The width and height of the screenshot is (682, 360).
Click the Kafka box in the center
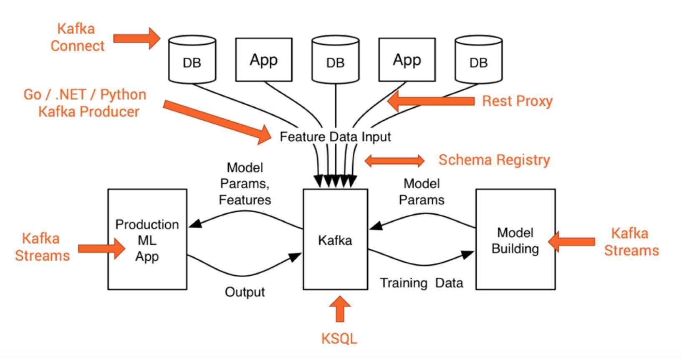coord(335,239)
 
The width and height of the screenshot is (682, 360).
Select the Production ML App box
coord(147,239)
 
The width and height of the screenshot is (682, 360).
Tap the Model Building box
coord(515,239)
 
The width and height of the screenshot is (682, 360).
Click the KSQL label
coord(339,339)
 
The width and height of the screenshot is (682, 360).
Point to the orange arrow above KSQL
coord(340,309)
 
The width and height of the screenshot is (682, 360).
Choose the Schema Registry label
coord(494,160)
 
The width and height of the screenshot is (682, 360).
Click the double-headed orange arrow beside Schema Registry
coord(394,161)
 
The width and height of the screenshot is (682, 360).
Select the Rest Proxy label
coord(517,101)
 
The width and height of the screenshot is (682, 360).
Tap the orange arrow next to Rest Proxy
coord(431,101)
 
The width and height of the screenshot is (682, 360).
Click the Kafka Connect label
coord(77,38)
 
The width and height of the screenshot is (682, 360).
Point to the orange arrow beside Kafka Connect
coord(137,38)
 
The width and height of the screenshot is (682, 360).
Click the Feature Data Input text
coord(335,137)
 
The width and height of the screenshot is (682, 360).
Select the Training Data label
coord(422,283)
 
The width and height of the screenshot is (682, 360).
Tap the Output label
coord(245,292)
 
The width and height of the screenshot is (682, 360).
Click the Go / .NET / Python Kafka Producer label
coord(85,103)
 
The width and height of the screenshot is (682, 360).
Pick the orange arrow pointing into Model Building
coord(571,242)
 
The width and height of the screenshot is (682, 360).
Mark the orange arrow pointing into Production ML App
coord(101,249)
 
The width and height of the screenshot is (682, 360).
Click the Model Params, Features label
coord(245,184)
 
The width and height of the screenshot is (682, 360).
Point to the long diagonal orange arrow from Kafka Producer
coord(217,122)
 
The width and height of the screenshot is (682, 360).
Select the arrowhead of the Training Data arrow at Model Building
coord(467,254)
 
